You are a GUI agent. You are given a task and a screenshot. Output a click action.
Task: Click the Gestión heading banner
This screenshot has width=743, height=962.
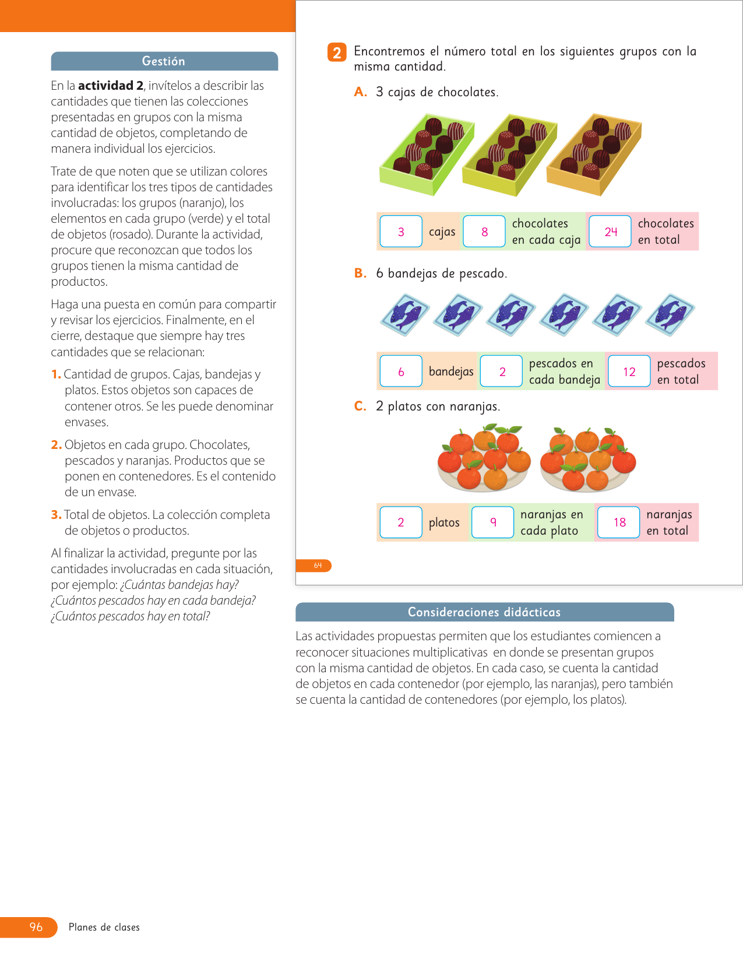click(164, 61)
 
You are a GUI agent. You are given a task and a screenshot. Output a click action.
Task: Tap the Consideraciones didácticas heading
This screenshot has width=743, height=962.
click(485, 612)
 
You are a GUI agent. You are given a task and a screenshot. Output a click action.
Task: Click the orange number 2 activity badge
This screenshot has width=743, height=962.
click(337, 52)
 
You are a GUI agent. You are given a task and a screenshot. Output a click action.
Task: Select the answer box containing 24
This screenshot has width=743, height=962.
click(610, 231)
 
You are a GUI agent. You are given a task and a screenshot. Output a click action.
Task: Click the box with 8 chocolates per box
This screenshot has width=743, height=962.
click(484, 231)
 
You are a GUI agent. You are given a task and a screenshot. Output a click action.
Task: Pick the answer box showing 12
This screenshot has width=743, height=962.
click(629, 371)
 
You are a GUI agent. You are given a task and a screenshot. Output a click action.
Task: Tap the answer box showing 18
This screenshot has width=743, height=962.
click(619, 522)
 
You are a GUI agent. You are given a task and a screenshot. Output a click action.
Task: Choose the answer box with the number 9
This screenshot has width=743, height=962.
click(493, 522)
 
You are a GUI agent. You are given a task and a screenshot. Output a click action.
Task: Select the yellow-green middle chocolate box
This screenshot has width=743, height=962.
click(510, 155)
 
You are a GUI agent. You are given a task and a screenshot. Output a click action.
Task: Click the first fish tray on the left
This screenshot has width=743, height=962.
click(404, 315)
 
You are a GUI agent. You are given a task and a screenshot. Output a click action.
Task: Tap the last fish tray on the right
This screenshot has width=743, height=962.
click(670, 315)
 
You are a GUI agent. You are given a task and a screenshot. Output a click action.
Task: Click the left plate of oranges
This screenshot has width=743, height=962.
click(484, 458)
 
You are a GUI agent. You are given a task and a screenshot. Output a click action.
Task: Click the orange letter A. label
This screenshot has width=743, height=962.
click(361, 92)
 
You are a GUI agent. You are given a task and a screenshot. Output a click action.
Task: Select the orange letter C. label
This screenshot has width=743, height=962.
click(360, 406)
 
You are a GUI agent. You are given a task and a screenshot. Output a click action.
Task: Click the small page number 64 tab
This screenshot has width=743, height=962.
click(317, 566)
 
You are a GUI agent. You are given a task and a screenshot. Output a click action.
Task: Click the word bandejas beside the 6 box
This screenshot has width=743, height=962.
click(451, 372)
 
